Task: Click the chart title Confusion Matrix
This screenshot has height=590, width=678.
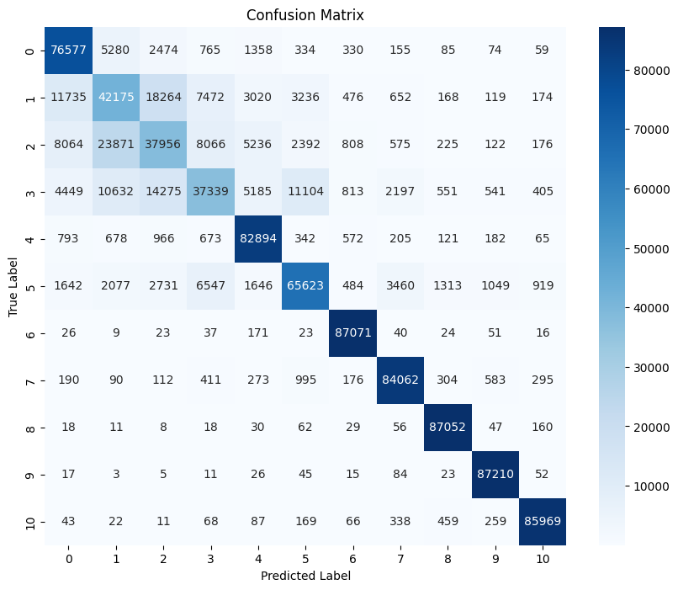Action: [x=305, y=15]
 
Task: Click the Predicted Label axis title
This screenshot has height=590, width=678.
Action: [x=304, y=577]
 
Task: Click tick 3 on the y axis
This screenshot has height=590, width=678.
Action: [x=30, y=191]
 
